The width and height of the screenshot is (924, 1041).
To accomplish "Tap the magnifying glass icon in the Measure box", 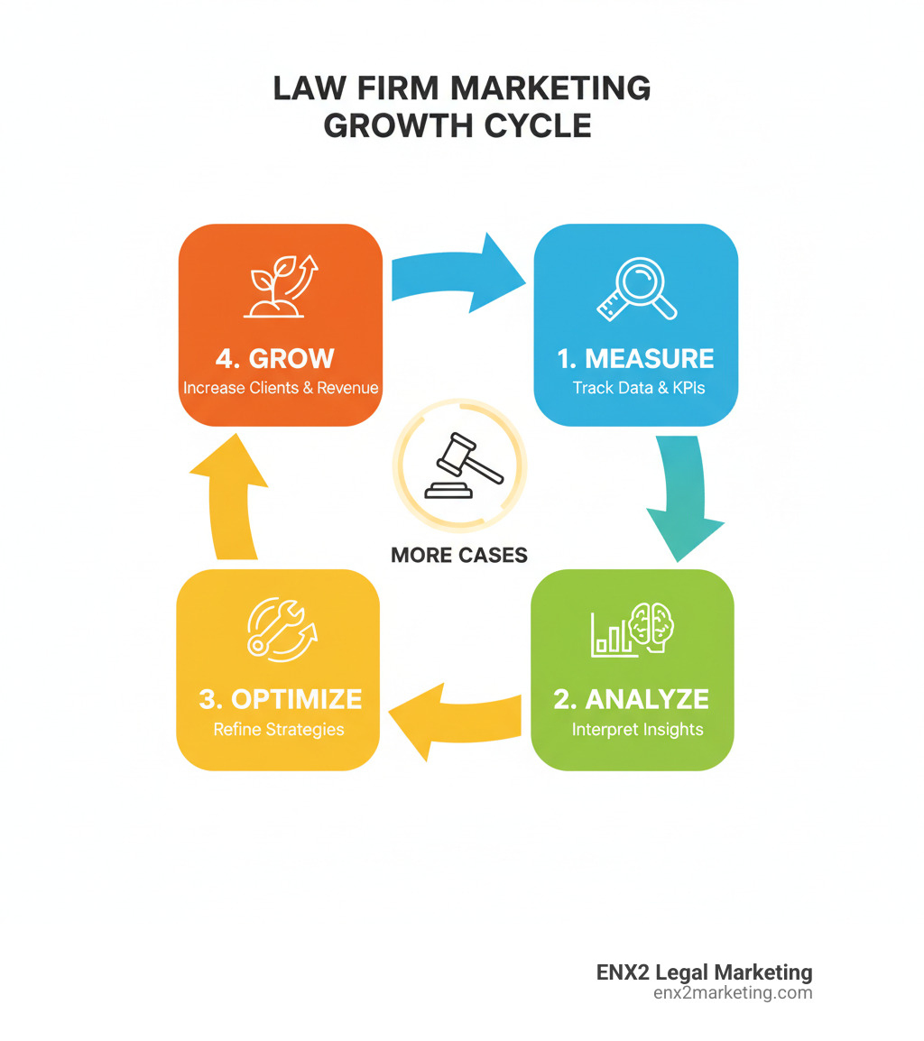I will point(637,290).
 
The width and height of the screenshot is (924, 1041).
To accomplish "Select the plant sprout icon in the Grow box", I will point(282,287).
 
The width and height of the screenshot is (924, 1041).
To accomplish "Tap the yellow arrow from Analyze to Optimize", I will point(455,720).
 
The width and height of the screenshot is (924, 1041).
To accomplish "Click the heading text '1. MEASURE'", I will point(635,358).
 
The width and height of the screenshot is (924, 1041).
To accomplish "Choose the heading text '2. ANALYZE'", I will point(632,698).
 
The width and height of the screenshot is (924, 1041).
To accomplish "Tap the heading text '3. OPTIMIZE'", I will point(280,698).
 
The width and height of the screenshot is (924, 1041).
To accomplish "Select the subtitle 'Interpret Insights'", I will point(637,729).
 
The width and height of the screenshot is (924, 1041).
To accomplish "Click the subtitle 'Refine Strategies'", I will point(279,729).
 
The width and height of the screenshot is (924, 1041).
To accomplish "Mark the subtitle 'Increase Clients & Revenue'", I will point(281,389).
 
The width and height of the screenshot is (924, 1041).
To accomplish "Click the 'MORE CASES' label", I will point(459,555).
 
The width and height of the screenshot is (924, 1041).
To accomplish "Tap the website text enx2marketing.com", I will point(732,993).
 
